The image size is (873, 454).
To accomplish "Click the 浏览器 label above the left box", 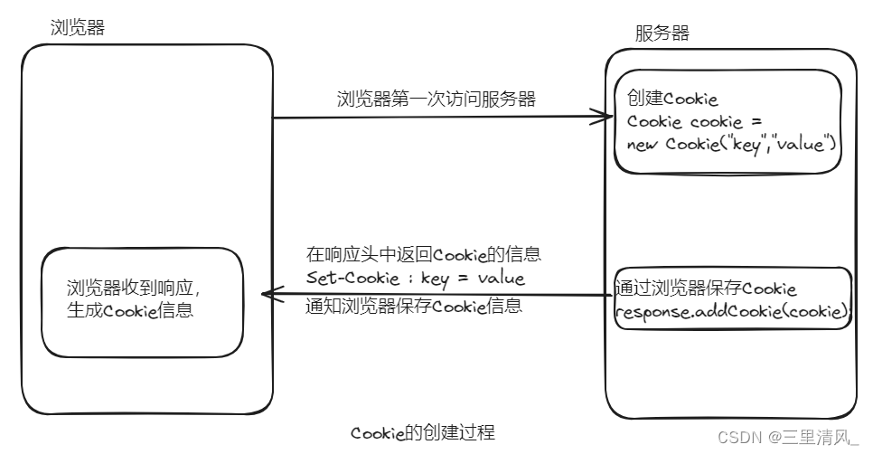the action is pos(78,27).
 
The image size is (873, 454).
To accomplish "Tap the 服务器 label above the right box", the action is pos(662,33).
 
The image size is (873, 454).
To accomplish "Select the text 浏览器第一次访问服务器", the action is pos(436,99).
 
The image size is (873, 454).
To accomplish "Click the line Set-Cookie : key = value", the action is pos(416,278).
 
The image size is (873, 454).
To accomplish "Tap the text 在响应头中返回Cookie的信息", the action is pos(423,254).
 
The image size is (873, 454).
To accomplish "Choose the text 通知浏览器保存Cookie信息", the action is pos(414,306).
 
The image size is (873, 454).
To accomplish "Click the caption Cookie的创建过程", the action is pos(423,432).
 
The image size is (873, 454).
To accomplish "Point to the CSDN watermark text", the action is pos(788,438).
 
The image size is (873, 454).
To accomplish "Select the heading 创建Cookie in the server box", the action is pos(672,99).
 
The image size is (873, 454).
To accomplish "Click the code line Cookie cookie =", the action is pos(694,121).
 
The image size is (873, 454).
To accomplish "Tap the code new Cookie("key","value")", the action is pos(731,145).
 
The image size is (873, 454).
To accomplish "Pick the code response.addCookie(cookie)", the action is pos(732,311).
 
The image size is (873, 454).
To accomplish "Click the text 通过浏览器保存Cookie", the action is pos(706,288).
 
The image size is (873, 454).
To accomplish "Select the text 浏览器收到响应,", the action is pos(134,288).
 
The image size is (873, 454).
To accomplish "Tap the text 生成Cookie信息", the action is pos(130,309).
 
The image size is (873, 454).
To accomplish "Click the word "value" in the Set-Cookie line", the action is pos(501,278).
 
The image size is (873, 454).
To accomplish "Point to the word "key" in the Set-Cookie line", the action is pos(435,279).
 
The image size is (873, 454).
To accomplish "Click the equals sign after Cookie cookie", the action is pos(756,121).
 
